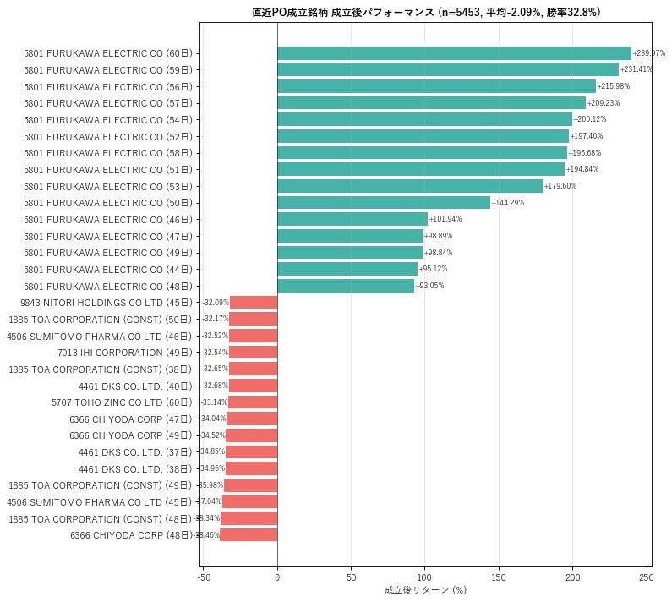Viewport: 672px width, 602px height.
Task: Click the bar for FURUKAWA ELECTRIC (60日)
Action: pos(454,53)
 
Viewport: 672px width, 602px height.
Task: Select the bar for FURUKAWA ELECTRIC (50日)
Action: pos(383,203)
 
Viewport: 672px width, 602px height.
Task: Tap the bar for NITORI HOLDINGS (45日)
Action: pos(254,303)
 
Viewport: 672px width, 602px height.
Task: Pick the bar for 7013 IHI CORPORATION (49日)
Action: pos(253,353)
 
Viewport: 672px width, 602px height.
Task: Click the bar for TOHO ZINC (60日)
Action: pos(253,402)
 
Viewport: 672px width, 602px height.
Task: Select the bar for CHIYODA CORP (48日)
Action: pos(249,535)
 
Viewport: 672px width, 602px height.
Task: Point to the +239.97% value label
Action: pos(648,53)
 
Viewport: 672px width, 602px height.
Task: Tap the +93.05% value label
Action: pos(429,286)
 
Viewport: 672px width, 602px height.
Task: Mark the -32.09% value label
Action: pos(216,303)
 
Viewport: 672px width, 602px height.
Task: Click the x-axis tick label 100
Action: pos(424,577)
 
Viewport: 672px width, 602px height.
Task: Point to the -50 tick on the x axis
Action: pos(203,577)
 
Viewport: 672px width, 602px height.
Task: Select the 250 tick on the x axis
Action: pos(646,577)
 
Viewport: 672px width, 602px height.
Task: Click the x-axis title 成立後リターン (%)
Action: pos(425,590)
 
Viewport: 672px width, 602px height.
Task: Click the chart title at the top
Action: pos(425,13)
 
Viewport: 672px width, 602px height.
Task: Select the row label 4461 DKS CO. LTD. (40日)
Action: pos(135,386)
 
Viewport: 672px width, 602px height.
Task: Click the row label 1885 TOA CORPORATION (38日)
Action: pos(100,369)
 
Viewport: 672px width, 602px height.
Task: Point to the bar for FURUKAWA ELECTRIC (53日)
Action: pos(410,186)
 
